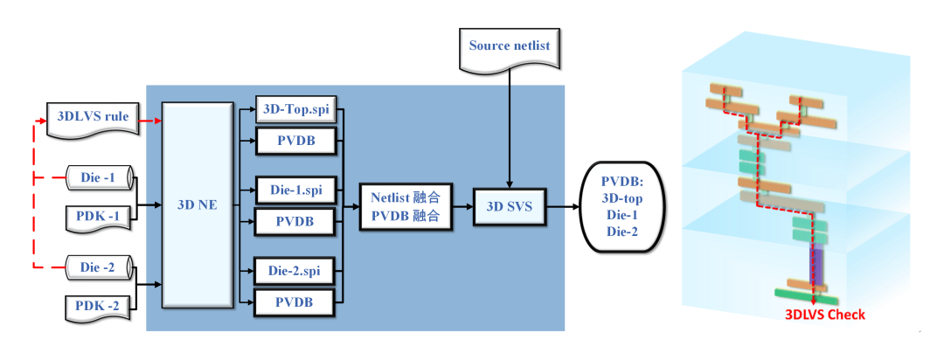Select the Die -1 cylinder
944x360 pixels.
click(x=98, y=178)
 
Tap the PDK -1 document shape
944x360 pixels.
click(x=98, y=216)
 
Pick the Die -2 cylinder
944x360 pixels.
click(x=98, y=267)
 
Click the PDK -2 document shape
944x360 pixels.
click(x=98, y=306)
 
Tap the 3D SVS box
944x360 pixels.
click(x=509, y=207)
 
